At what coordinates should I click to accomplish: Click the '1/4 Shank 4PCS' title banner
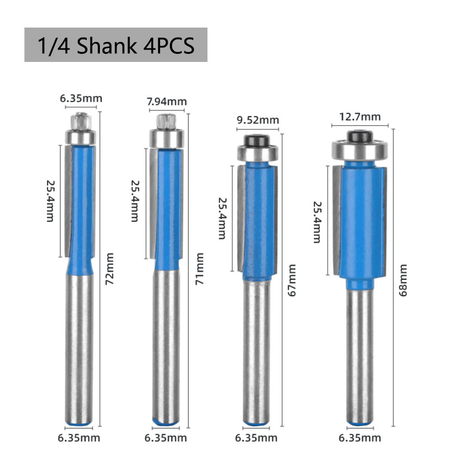116,45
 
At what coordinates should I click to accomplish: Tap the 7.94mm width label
167,102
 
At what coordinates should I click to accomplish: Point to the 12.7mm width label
360,117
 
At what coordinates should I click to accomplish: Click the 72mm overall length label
109,275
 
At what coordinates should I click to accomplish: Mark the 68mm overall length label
403,281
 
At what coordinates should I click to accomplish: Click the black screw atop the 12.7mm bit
360,135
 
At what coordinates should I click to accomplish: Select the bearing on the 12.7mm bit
360,149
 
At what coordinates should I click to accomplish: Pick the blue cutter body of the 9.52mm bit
259,221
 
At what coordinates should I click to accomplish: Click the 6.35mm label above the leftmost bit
81,98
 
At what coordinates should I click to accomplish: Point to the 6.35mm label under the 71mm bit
166,438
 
